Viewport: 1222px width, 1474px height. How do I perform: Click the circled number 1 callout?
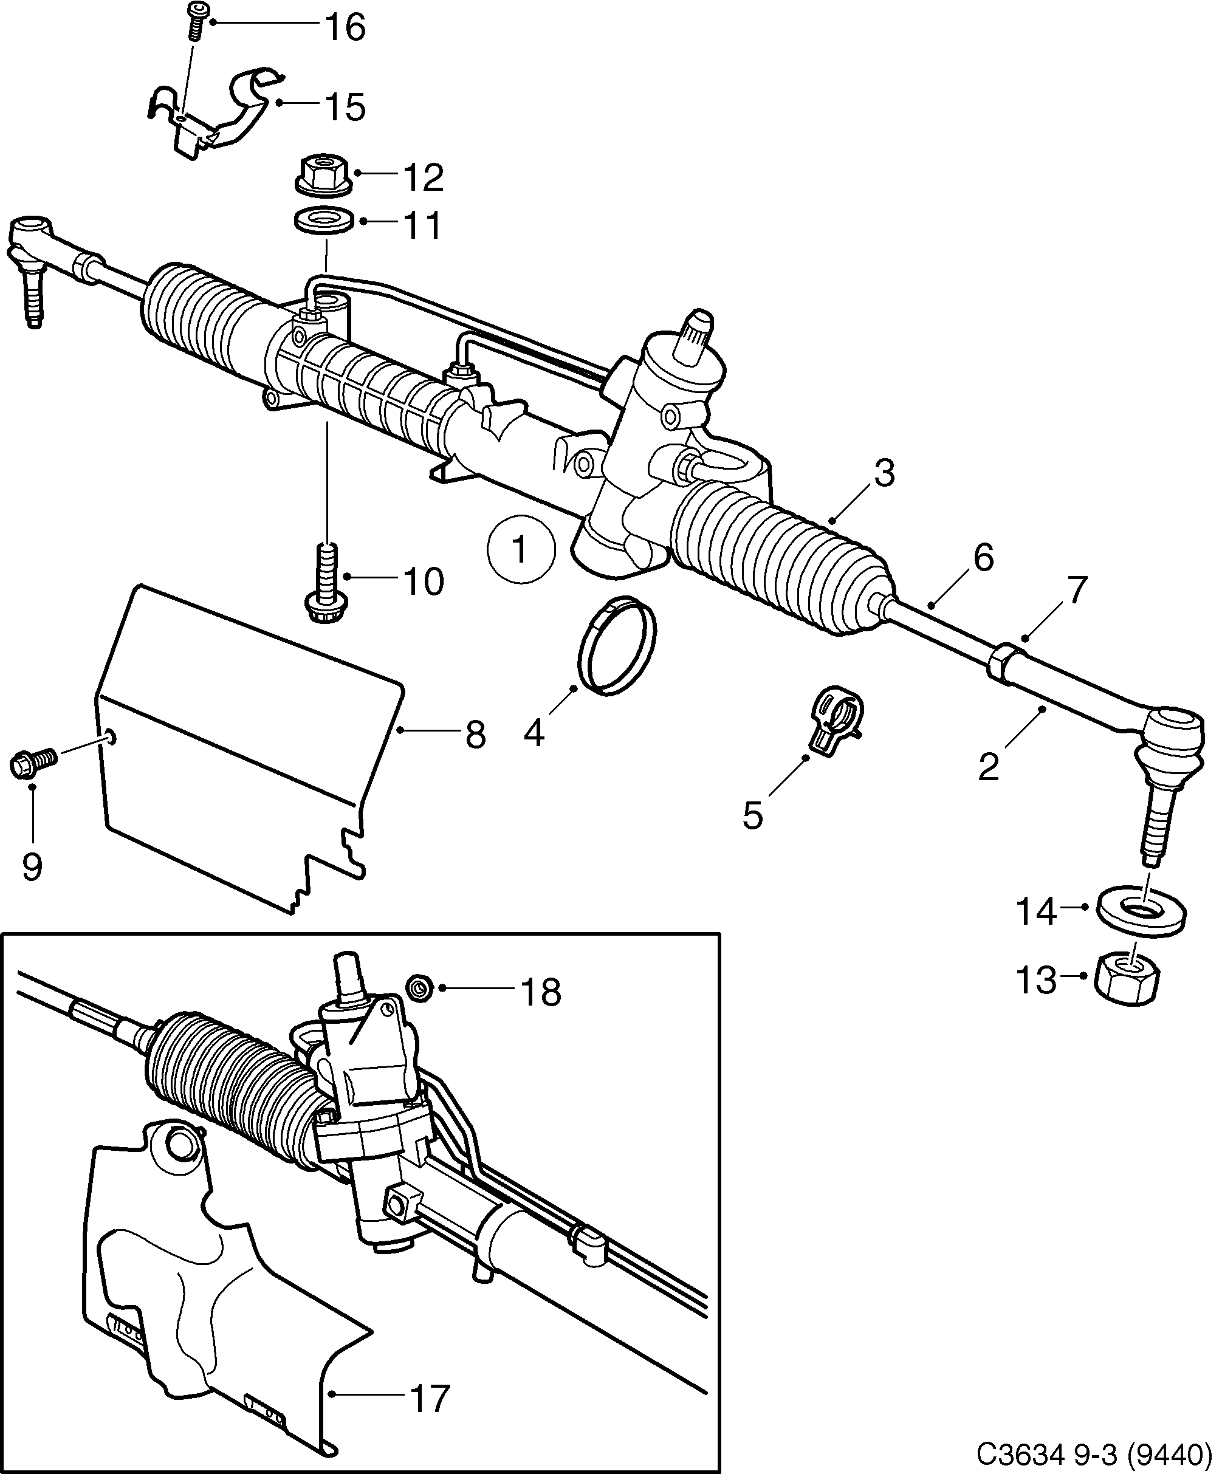click(x=521, y=549)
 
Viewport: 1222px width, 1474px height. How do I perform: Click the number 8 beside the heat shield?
click(x=475, y=736)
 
